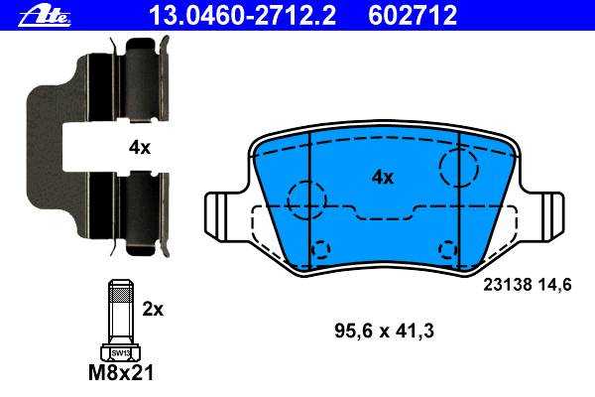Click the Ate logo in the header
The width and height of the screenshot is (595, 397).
pyautogui.click(x=45, y=17)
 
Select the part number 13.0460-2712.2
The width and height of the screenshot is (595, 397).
pyautogui.click(x=243, y=16)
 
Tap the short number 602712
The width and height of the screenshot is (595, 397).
pyautogui.click(x=413, y=16)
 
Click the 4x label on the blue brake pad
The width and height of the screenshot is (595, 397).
pyautogui.click(x=383, y=177)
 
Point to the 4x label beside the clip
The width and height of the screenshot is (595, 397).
pyautogui.click(x=139, y=147)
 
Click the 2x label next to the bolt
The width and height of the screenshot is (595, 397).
pyautogui.click(x=153, y=310)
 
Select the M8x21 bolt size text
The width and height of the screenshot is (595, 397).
pyautogui.click(x=121, y=373)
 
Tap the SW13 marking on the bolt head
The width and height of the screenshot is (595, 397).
pyautogui.click(x=121, y=353)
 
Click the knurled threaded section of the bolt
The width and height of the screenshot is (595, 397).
pyautogui.click(x=121, y=293)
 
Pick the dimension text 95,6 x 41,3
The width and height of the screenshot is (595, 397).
pyautogui.click(x=384, y=331)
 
